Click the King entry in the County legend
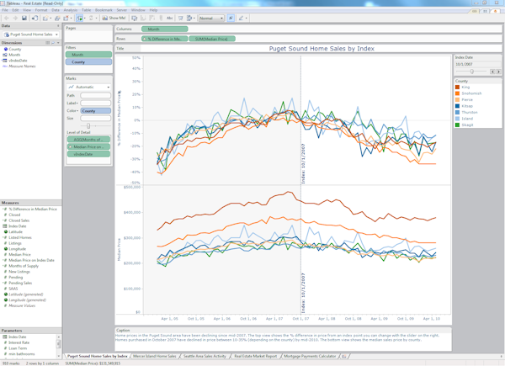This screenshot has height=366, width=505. point(465,87)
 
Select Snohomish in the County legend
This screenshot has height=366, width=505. point(470,93)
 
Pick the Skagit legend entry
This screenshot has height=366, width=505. point(466,125)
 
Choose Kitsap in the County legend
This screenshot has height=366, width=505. point(465,106)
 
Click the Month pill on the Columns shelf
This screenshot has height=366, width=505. point(163,29)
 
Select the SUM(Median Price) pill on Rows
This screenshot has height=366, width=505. point(212,39)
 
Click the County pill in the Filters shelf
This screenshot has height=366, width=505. point(88,61)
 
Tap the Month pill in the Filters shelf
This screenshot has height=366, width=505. point(88,55)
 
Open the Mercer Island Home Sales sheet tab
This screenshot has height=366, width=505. point(155,356)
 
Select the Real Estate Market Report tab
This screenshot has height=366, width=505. point(255,356)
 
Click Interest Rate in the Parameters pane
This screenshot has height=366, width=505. point(19,342)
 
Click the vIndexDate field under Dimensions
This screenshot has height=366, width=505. point(18,61)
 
